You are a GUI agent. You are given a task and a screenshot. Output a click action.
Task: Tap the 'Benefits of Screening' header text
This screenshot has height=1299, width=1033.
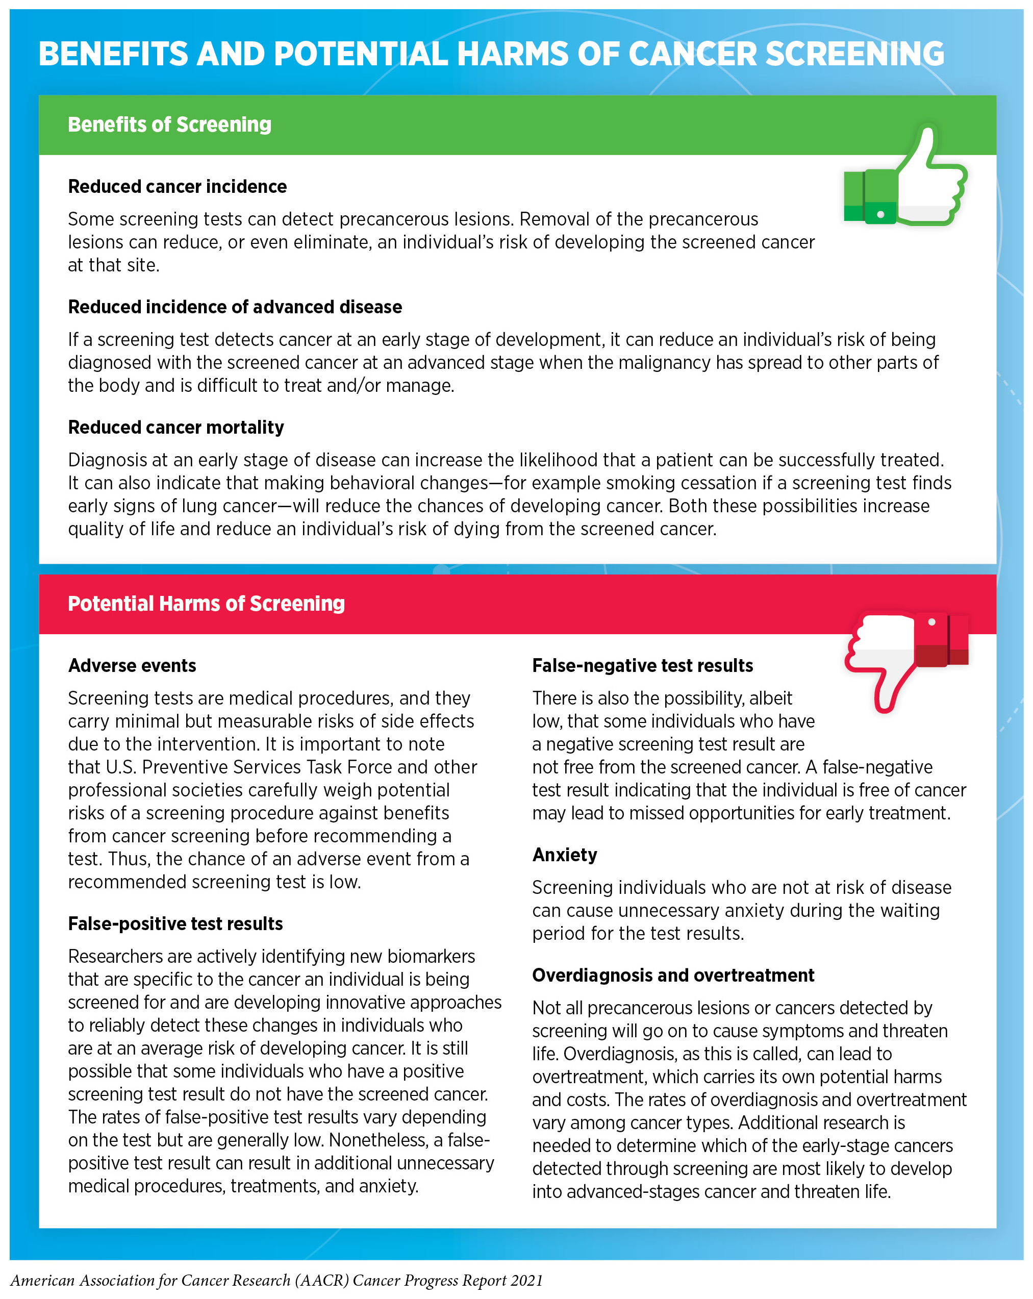click(x=169, y=124)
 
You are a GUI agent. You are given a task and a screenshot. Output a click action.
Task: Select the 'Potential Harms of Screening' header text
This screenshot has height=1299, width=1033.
click(x=206, y=604)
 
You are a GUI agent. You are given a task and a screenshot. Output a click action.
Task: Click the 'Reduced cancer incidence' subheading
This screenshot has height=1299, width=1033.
click(x=177, y=187)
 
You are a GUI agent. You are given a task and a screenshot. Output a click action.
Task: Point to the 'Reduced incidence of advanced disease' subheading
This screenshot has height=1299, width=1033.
click(x=235, y=307)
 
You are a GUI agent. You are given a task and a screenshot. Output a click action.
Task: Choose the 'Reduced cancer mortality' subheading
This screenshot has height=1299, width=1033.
click(x=176, y=428)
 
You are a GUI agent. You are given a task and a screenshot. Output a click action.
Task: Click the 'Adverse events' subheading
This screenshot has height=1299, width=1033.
click(x=132, y=666)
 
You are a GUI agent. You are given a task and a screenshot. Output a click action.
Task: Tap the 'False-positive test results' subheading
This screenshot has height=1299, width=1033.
click(x=175, y=923)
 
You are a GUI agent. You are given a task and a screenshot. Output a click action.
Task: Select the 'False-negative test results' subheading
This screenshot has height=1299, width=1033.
click(x=642, y=666)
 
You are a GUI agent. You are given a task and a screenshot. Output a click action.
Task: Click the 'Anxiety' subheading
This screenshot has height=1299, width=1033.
click(x=564, y=855)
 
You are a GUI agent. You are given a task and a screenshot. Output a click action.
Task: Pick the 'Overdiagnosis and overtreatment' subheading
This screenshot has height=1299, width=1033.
click(x=673, y=976)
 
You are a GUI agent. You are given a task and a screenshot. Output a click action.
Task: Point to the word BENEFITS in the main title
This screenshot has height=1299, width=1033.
click(x=114, y=54)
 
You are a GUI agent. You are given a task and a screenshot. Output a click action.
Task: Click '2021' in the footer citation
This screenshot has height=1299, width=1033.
click(x=526, y=1280)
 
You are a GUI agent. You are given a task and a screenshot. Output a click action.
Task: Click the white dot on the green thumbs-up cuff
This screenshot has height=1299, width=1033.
click(x=880, y=214)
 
